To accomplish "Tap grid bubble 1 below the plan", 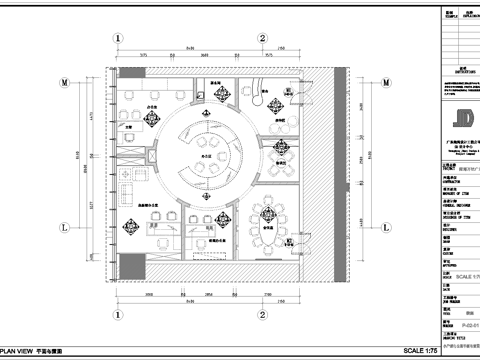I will click(x=118, y=318).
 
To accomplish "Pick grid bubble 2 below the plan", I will click(x=262, y=318).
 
